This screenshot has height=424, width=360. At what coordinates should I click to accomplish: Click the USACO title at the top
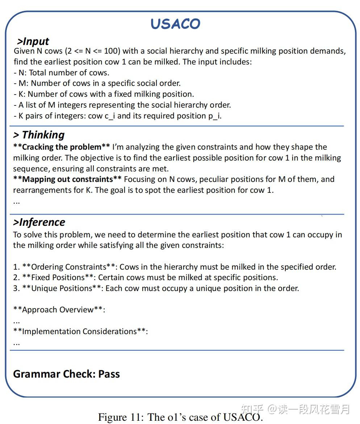tap(175, 24)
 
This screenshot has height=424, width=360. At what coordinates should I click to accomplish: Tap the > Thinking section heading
tap(39, 135)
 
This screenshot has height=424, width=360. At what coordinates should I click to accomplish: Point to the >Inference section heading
tap(39, 222)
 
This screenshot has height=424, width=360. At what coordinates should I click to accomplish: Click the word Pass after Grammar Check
tap(109, 374)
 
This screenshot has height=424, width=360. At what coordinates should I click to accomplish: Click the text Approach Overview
tap(58, 310)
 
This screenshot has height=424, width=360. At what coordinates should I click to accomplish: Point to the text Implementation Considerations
tap(79, 332)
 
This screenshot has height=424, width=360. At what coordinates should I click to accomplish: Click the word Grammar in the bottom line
tap(36, 374)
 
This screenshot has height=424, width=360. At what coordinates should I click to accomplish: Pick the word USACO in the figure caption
tap(242, 417)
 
